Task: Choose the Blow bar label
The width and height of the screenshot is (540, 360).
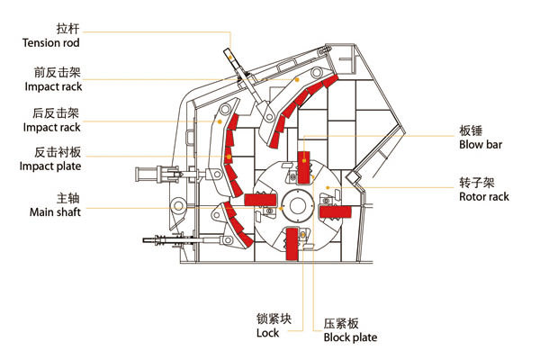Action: click(x=481, y=145)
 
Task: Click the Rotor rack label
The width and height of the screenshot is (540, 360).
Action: click(x=484, y=196)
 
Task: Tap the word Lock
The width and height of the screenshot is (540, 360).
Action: click(x=267, y=333)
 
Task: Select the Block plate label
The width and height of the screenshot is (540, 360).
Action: click(x=350, y=338)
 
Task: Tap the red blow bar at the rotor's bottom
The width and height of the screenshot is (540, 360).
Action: click(x=292, y=246)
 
